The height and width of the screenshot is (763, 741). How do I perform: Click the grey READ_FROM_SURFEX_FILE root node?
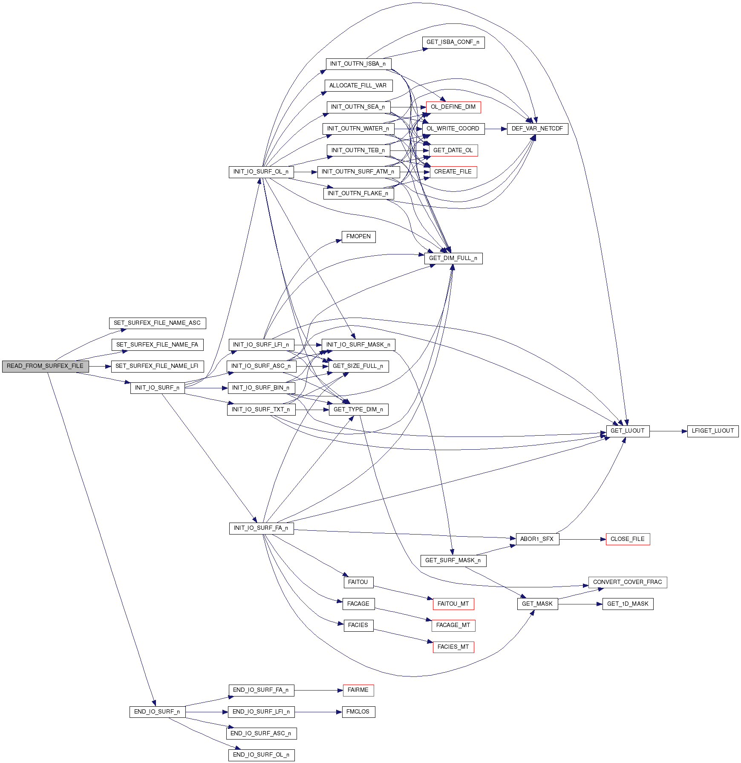(45, 366)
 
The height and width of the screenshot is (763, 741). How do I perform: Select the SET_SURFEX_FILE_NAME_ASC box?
(157, 323)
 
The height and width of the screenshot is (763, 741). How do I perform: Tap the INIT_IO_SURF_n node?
(157, 388)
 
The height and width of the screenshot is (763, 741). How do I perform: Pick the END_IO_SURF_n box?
(157, 712)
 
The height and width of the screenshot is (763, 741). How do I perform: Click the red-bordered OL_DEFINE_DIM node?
(453, 107)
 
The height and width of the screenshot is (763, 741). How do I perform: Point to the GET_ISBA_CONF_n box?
(453, 42)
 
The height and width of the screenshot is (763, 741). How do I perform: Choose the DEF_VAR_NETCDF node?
(537, 129)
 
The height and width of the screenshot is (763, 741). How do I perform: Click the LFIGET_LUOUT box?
(712, 431)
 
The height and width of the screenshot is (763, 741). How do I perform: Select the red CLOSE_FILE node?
(628, 539)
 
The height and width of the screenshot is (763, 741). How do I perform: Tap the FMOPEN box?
(358, 237)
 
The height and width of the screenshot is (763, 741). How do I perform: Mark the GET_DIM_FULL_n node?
(453, 258)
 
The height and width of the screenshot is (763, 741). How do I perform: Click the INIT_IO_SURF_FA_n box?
(261, 528)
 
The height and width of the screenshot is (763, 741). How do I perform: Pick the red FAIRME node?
(358, 690)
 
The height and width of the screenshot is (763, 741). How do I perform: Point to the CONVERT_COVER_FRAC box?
(627, 582)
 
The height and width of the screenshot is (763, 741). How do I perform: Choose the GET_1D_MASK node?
(628, 604)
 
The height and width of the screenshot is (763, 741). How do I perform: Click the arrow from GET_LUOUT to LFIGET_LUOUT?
(668, 431)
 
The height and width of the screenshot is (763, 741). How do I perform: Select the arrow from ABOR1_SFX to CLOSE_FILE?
(582, 539)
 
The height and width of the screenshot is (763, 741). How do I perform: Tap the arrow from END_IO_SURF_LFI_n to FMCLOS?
(318, 712)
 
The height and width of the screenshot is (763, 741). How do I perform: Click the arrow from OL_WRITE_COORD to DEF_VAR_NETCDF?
(496, 129)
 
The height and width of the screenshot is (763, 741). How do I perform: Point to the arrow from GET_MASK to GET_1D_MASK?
(580, 604)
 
